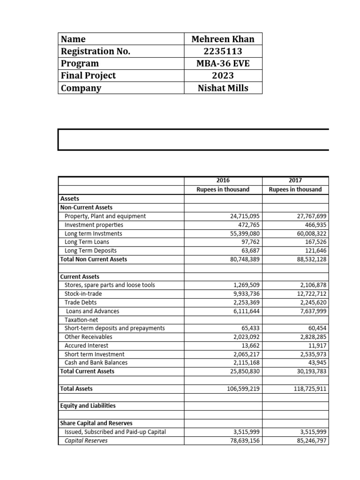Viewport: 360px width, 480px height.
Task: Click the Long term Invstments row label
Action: pos(93,233)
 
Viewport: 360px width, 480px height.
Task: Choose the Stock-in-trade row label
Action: pos(83,294)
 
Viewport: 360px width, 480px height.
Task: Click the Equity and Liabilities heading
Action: pos(88,405)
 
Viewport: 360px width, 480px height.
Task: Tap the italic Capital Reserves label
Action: pos(86,440)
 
